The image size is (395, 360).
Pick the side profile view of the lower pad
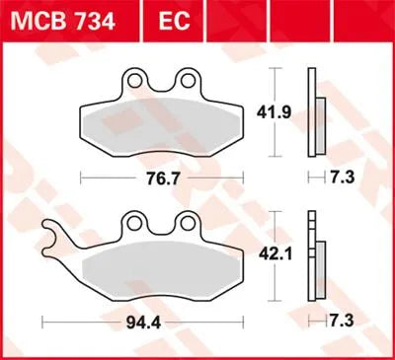point(315,258)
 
